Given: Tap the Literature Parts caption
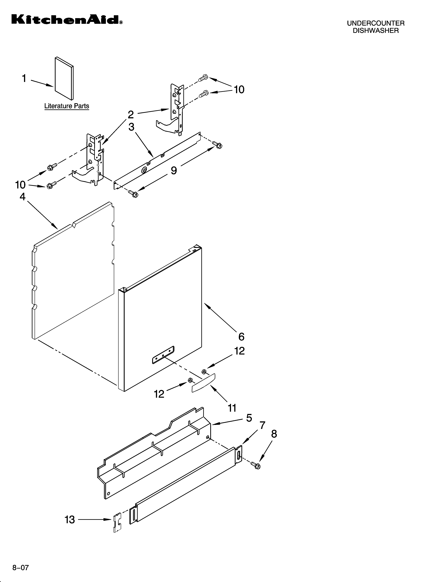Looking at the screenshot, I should (67, 106).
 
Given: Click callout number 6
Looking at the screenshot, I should (241, 337).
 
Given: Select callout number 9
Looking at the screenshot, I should (174, 170).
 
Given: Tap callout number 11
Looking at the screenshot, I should (232, 408).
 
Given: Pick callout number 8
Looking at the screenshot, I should (274, 434).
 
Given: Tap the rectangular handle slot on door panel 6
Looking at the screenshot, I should (163, 355).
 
